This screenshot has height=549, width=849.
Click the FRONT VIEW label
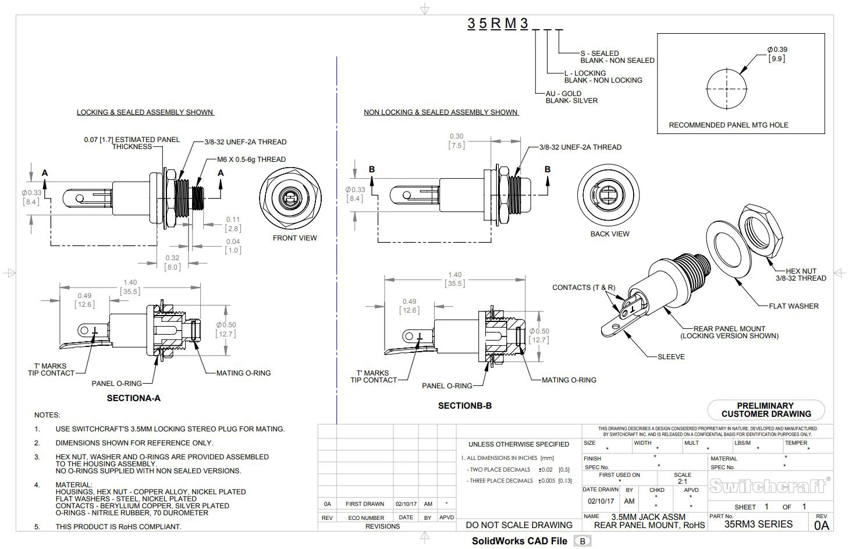pos(295,238)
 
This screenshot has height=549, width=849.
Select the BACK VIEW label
pos(609,233)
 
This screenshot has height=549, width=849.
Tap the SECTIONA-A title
pos(133,398)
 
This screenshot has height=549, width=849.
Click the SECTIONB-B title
pos(464,405)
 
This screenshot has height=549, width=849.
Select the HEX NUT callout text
pos(801,271)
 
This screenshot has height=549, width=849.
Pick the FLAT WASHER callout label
pos(793,306)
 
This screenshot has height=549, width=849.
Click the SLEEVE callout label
pos(671,356)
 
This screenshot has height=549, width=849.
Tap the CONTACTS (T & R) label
pos(583,287)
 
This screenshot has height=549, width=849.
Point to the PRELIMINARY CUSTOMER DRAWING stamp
pos(766,410)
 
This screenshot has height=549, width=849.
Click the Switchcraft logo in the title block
pos(767,486)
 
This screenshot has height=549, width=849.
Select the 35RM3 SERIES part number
pos(758,524)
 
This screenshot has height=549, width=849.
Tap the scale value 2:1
pos(682,481)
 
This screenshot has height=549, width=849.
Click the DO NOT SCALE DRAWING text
pos(519,525)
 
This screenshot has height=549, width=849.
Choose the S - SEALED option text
pos(599,53)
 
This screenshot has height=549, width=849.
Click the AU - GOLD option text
pos(563,93)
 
